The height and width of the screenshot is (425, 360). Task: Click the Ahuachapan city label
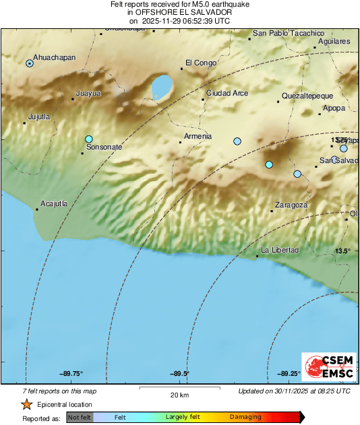tap(55, 58)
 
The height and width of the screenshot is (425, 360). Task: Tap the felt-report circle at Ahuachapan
tap(30, 63)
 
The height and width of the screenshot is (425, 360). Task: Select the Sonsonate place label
tap(104, 147)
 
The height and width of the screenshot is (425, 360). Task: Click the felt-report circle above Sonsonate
tap(88, 139)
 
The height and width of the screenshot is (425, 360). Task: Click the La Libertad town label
tap(280, 251)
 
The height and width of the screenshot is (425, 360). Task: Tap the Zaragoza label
tap(291, 205)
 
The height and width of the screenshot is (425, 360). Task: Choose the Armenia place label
tap(198, 137)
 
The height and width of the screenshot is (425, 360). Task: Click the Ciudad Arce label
tap(227, 93)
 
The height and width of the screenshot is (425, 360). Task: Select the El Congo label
tap(201, 63)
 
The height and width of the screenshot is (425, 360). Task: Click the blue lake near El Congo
tap(161, 88)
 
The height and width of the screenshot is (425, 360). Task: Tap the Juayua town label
tap(88, 93)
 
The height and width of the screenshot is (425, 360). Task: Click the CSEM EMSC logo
tap(326, 368)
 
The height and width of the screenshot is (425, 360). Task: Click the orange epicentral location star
tap(27, 405)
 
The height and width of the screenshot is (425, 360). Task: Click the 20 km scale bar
tap(178, 388)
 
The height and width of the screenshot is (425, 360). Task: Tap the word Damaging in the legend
tap(245, 418)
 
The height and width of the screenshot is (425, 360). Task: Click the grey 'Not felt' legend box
tap(79, 418)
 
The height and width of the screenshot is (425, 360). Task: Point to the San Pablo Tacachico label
tap(289, 33)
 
